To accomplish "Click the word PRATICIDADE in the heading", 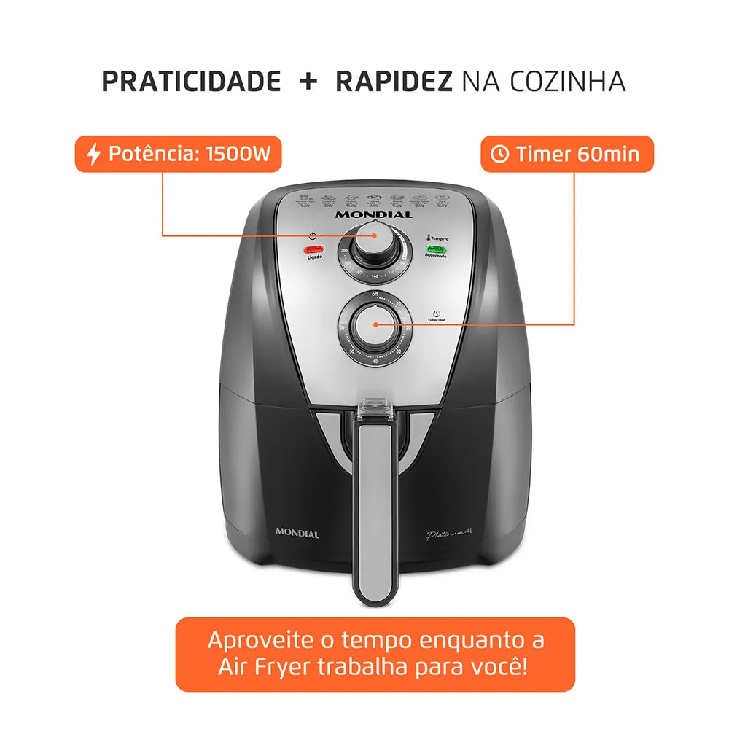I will [191, 82].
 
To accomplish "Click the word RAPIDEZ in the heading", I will [392, 82].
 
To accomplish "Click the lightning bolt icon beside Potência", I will [93, 155].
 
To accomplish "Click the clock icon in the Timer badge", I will [499, 155].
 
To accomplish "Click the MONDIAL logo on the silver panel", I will [374, 214].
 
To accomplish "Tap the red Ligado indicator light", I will [313, 249].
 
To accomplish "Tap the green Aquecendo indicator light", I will [437, 249].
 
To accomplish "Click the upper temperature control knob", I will [374, 249].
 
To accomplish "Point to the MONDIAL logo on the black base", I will [297, 534].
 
